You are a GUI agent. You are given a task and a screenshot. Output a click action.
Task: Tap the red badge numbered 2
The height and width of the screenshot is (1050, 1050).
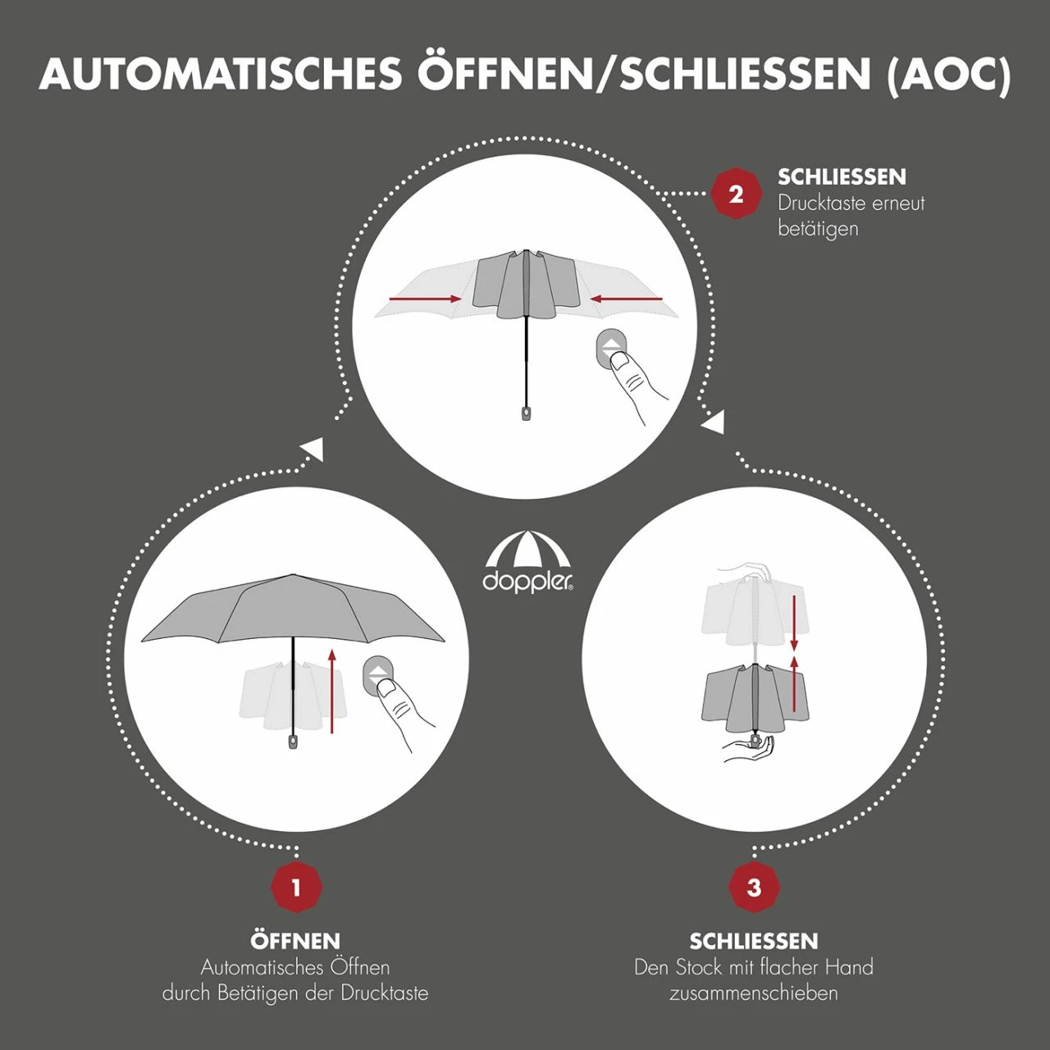tap(736, 194)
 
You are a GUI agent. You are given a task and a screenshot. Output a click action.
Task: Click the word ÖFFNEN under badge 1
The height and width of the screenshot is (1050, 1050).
tap(296, 940)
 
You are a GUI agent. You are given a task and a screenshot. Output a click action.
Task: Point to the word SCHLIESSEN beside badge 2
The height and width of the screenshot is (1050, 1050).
tap(842, 177)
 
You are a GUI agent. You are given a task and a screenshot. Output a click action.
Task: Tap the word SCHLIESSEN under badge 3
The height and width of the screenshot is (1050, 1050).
tap(754, 942)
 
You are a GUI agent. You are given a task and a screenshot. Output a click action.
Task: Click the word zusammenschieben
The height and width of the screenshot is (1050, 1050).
tap(754, 993)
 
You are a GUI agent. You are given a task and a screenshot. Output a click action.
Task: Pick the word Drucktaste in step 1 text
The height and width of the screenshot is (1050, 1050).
tap(386, 993)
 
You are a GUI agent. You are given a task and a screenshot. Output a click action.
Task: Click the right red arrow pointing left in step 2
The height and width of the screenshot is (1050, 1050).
tap(628, 299)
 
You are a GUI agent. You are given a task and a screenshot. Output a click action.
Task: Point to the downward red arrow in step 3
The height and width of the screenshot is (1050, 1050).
tap(794, 623)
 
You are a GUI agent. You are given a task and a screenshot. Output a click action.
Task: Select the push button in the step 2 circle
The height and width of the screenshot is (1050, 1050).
tap(610, 349)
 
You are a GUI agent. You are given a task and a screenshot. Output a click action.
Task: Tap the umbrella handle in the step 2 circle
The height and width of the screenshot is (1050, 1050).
tap(526, 413)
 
